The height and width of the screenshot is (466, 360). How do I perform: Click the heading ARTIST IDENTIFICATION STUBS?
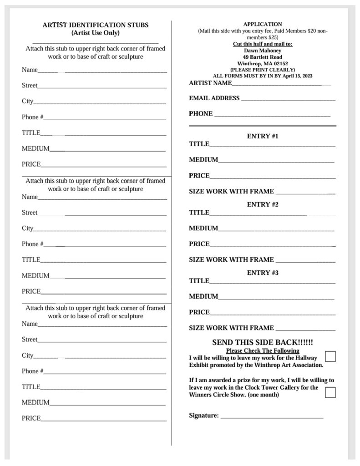[96, 25]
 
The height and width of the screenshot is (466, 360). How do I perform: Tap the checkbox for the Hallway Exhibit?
[330, 356]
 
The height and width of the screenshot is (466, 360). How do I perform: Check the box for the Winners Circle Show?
[330, 392]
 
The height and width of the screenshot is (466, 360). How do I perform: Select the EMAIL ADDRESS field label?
[214, 98]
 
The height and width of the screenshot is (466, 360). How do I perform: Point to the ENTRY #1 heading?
[263, 136]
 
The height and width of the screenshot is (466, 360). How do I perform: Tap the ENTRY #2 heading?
[263, 204]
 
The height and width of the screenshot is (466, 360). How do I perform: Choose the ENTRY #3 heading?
[263, 273]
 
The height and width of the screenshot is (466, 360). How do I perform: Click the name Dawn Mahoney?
[263, 51]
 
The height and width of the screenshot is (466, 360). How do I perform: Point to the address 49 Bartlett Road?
[263, 57]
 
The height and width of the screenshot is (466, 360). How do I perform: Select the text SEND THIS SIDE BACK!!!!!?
[263, 342]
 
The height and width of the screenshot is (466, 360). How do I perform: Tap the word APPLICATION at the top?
[263, 24]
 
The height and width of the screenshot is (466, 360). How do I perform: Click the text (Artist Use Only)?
[96, 33]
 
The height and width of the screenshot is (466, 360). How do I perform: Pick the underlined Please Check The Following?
[263, 350]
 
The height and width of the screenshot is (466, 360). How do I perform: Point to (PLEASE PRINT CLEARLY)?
[263, 70]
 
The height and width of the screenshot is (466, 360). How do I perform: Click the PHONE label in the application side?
[201, 113]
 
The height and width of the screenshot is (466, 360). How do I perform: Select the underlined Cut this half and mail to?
[263, 44]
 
